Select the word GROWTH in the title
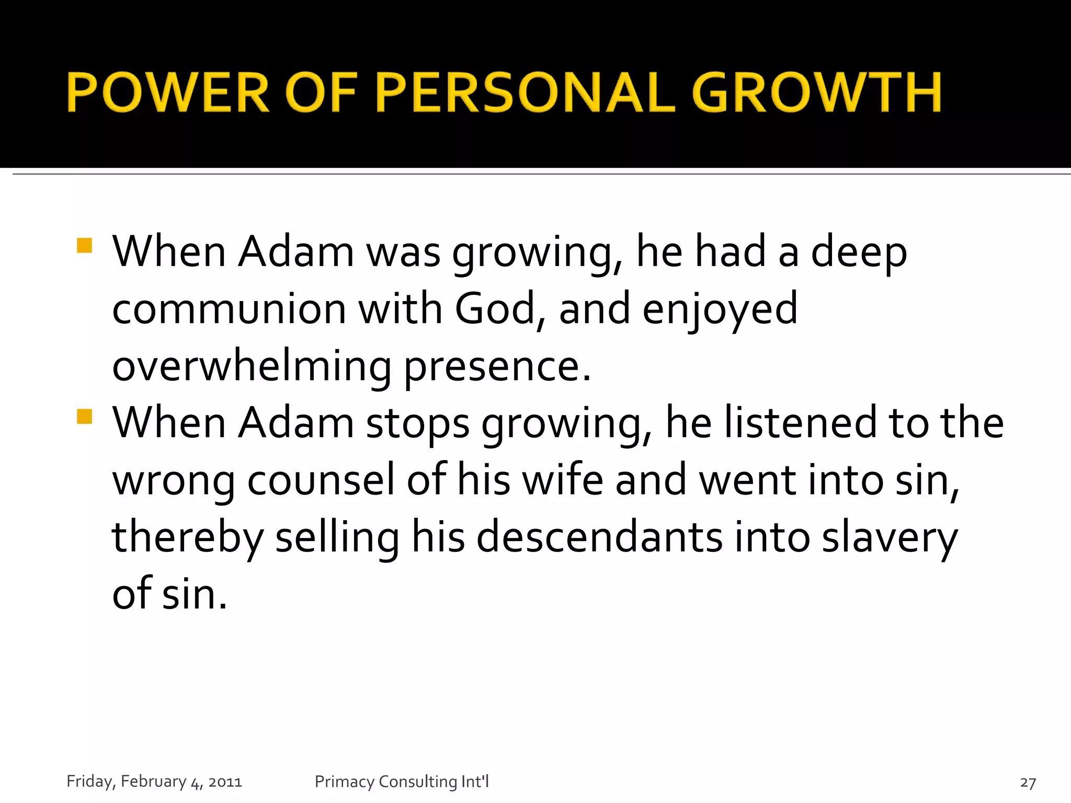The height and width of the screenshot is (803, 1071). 816,93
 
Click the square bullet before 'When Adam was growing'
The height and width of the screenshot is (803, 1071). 84,246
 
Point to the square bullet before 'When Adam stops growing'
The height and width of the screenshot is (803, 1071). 84,417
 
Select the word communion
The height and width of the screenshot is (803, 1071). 229,309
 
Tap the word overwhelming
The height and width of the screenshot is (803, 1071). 252,366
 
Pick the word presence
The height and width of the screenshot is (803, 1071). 497,366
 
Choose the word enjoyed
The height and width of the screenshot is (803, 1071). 720,309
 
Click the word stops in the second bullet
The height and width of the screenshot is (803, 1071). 417,423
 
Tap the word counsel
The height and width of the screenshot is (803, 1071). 321,480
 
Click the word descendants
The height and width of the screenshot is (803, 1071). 599,537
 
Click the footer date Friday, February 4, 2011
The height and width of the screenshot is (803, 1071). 154,781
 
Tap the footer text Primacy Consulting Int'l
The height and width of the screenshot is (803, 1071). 402,781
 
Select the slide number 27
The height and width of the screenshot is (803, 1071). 1028,782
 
